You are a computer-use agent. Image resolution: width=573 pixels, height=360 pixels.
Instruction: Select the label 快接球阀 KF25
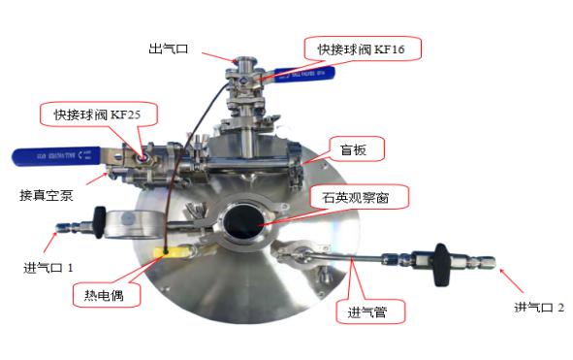click(98, 115)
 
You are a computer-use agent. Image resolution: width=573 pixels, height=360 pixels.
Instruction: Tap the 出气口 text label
click(169, 49)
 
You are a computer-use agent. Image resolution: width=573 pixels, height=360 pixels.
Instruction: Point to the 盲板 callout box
click(357, 149)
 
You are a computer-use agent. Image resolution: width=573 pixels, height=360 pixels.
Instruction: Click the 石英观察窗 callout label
click(360, 197)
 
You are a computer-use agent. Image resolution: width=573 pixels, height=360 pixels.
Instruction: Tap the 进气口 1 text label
click(48, 268)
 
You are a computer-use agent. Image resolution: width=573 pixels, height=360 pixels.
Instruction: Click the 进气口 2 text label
click(539, 308)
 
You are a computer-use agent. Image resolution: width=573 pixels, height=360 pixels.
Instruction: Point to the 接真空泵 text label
click(47, 195)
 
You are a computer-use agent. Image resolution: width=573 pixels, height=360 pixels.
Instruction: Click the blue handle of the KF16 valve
click(304, 75)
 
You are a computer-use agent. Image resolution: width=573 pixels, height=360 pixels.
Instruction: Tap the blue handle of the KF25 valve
click(56, 156)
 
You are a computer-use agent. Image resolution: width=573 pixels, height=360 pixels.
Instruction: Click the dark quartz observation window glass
click(243, 222)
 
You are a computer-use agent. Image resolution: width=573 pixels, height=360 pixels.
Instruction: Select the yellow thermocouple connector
click(173, 251)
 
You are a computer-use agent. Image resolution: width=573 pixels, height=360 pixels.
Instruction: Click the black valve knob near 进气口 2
click(442, 265)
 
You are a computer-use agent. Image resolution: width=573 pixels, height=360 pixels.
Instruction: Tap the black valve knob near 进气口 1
click(100, 222)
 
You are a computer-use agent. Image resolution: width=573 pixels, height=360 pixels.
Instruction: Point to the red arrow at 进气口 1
click(50, 242)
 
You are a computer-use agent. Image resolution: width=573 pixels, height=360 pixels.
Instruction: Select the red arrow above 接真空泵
click(97, 179)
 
